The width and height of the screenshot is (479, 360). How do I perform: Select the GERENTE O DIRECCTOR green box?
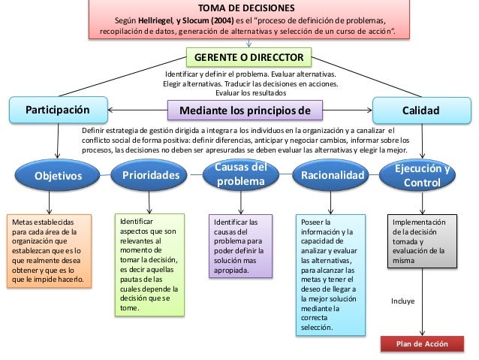click(249, 57)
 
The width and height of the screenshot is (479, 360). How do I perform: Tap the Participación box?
click(58, 110)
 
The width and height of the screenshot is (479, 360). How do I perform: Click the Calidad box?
click(420, 110)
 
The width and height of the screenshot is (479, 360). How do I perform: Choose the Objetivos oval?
click(57, 176)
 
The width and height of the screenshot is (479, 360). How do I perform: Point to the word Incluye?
click(403, 301)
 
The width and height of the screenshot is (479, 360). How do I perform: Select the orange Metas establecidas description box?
click(47, 253)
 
